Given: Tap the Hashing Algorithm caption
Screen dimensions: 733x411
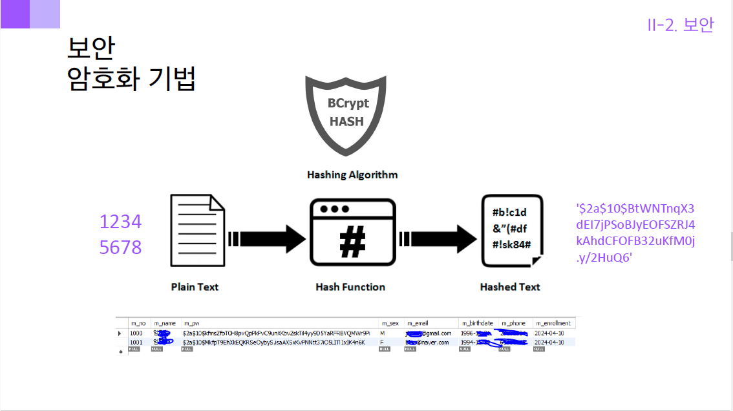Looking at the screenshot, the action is point(352,175).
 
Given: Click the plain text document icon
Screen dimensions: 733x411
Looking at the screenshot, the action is point(197,231).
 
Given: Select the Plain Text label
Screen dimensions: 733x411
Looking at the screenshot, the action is point(195,287).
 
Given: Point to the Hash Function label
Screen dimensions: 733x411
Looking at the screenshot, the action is point(350,287).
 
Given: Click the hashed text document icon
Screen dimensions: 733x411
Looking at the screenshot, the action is point(511,231).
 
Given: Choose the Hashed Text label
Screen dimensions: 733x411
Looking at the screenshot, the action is point(510,287).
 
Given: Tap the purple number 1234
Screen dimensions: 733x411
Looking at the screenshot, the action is point(120,222).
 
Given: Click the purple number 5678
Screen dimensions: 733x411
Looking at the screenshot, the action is point(120,248).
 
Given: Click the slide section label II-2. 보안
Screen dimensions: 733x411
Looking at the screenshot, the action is point(680,25).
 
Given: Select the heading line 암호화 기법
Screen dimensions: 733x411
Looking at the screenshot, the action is point(131,79).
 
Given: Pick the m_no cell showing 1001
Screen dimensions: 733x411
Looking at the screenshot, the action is point(136,342).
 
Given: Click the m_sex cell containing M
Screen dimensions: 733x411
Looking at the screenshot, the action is point(383,333).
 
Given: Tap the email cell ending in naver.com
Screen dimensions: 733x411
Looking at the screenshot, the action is point(427,342).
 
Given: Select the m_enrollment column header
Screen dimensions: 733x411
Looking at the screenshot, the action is point(553,323).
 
